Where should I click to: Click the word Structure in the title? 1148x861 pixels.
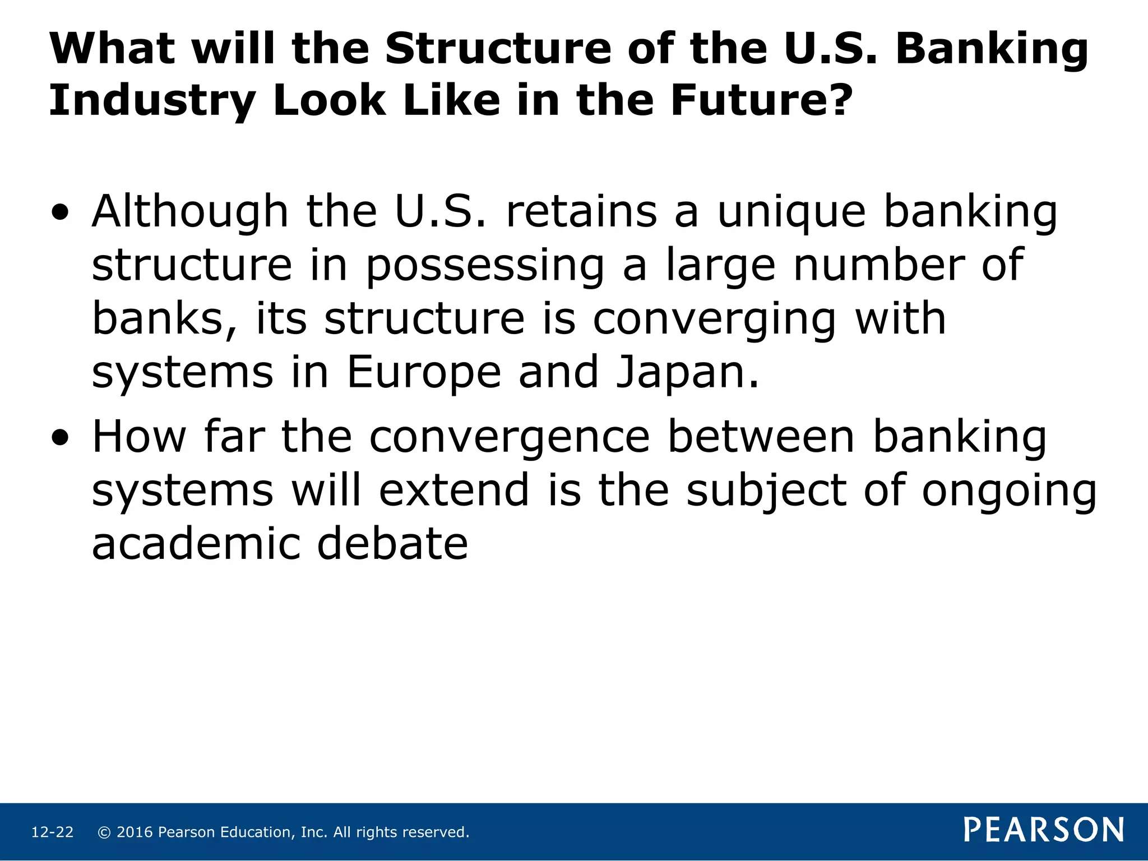(x=498, y=49)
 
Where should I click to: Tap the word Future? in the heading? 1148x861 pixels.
(x=761, y=101)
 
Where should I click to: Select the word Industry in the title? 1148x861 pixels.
(x=152, y=102)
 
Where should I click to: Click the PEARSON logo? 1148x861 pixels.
(x=1044, y=830)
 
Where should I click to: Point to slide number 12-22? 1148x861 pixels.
(x=52, y=832)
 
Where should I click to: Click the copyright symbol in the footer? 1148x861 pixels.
(x=104, y=832)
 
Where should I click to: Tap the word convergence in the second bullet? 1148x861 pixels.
(x=509, y=438)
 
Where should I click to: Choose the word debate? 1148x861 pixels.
(x=392, y=544)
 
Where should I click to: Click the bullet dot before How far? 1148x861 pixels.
(x=60, y=438)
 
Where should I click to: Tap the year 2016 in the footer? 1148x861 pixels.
(x=135, y=832)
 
